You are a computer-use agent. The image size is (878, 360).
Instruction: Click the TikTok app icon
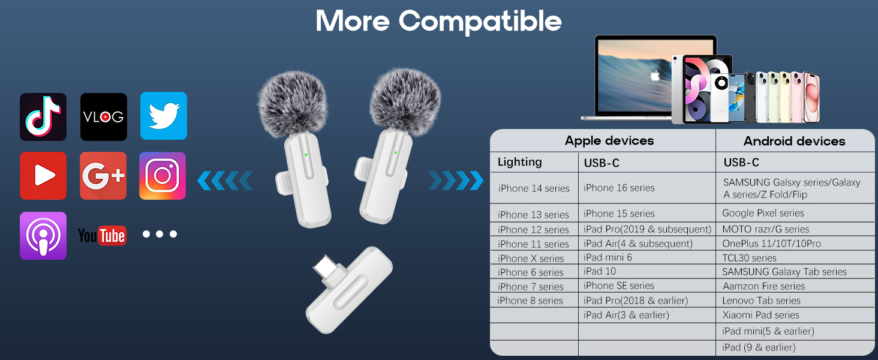[x=43, y=117]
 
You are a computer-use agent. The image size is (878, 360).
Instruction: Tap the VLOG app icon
[x=104, y=117]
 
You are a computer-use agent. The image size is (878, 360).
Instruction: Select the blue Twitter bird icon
[x=164, y=116]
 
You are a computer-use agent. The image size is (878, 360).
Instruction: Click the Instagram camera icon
[x=163, y=176]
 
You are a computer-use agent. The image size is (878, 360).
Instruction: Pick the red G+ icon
[x=103, y=176]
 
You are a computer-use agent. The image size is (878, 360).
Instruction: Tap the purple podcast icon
[x=43, y=236]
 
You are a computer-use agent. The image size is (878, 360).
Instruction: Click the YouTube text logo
[x=102, y=236]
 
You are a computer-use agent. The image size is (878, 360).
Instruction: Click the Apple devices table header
[x=609, y=141]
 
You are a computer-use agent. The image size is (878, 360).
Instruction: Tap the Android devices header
[x=794, y=142]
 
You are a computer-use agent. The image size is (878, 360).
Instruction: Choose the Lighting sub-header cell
[x=519, y=162]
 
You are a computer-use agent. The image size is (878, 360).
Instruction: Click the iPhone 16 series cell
[x=619, y=188]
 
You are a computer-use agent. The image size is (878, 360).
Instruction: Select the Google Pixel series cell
[x=763, y=213]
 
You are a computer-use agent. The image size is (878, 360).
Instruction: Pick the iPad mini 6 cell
[x=608, y=257]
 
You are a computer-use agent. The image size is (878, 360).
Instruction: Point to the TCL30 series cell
[x=749, y=258]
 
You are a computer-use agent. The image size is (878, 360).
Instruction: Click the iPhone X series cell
[x=531, y=259]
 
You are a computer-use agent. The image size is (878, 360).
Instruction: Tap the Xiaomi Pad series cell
[x=760, y=315]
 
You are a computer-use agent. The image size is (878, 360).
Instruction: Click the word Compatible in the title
[x=480, y=21]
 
